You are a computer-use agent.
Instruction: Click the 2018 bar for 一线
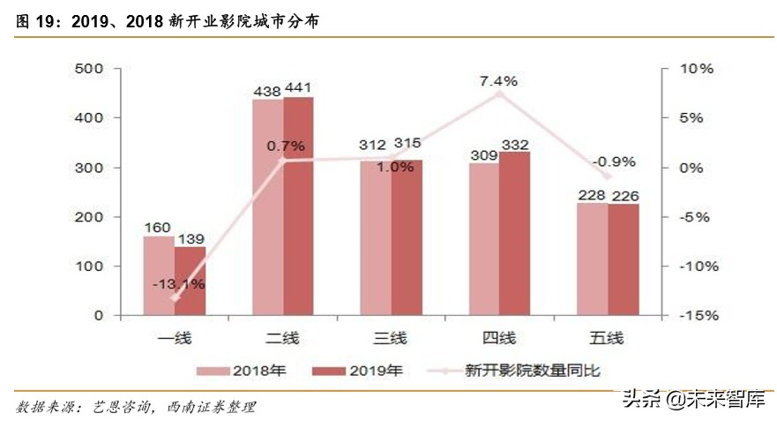(159, 275)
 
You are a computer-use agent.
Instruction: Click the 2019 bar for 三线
(407, 237)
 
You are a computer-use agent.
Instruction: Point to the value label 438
(266, 89)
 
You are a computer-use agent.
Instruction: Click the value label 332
(516, 143)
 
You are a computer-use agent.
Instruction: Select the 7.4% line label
(498, 80)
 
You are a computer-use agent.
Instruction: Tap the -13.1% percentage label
(178, 283)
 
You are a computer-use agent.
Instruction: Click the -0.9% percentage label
(614, 162)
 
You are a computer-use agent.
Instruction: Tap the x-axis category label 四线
(498, 337)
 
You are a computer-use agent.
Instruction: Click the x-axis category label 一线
(175, 337)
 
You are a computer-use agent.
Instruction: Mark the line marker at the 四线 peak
(498, 93)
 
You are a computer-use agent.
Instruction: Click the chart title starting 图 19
(167, 22)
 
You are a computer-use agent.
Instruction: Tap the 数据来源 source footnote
(136, 407)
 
